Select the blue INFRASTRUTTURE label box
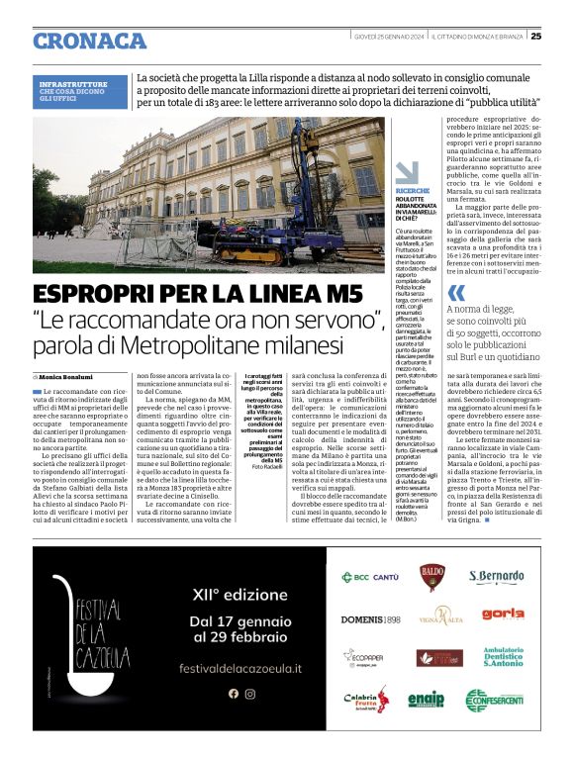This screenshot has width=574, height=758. click(80, 91)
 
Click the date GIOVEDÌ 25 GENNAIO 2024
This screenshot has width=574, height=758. click(390, 37)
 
